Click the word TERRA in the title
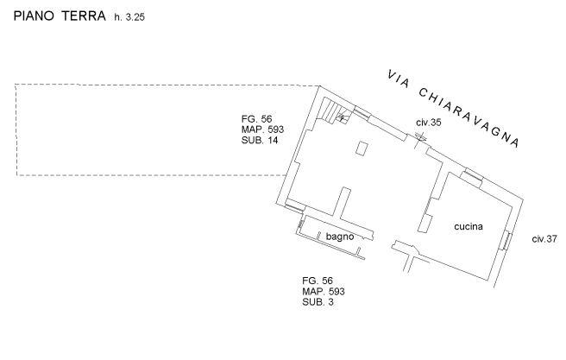pyautogui.click(x=82, y=16)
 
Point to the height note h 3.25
pyautogui.click(x=123, y=17)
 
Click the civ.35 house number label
pyautogui.click(x=428, y=123)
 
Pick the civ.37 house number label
pyautogui.click(x=545, y=238)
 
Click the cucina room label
pyautogui.click(x=469, y=226)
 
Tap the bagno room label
pyautogui.click(x=339, y=236)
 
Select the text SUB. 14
pyautogui.click(x=260, y=139)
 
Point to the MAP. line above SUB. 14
pyautogui.click(x=262, y=129)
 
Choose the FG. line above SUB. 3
pyautogui.click(x=317, y=281)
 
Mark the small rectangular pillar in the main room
pyautogui.click(x=362, y=148)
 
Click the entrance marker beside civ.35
pyautogui.click(x=420, y=137)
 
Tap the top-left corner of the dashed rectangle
pyautogui.click(x=16, y=84)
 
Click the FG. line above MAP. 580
pyautogui.click(x=257, y=118)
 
